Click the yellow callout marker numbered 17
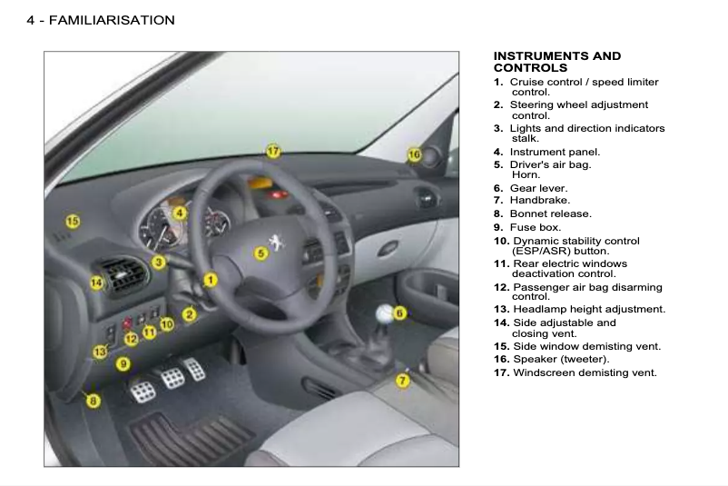273,151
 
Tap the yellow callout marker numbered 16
414,155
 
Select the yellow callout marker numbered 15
73,221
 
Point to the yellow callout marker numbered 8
93,400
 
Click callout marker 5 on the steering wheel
261,253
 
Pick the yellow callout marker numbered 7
403,380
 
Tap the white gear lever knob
385,314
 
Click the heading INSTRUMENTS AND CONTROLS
556,62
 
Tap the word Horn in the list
526,174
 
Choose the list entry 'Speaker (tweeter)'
561,359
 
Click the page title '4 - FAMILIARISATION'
101,19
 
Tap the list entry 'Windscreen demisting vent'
585,372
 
